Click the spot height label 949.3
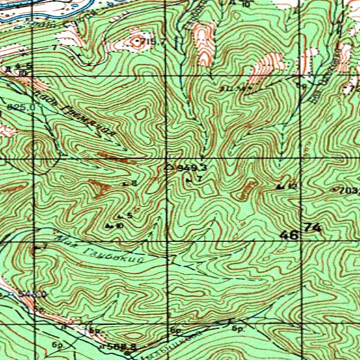(191, 168)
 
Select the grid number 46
(289, 236)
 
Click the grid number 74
(314, 229)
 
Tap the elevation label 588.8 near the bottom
(122, 347)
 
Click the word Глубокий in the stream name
(113, 254)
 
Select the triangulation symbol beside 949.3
(168, 168)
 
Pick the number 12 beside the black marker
(292, 185)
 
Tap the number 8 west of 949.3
(133, 183)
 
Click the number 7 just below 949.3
(199, 179)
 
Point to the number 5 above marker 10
(129, 214)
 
